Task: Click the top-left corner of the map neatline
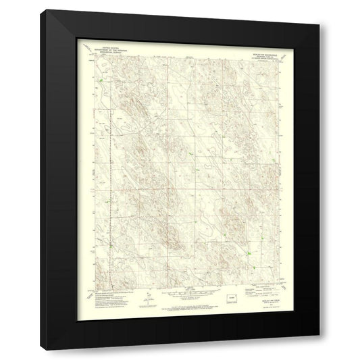(95, 58)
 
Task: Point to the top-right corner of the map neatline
(275, 58)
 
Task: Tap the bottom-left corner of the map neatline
(95, 284)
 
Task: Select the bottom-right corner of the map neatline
(275, 284)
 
